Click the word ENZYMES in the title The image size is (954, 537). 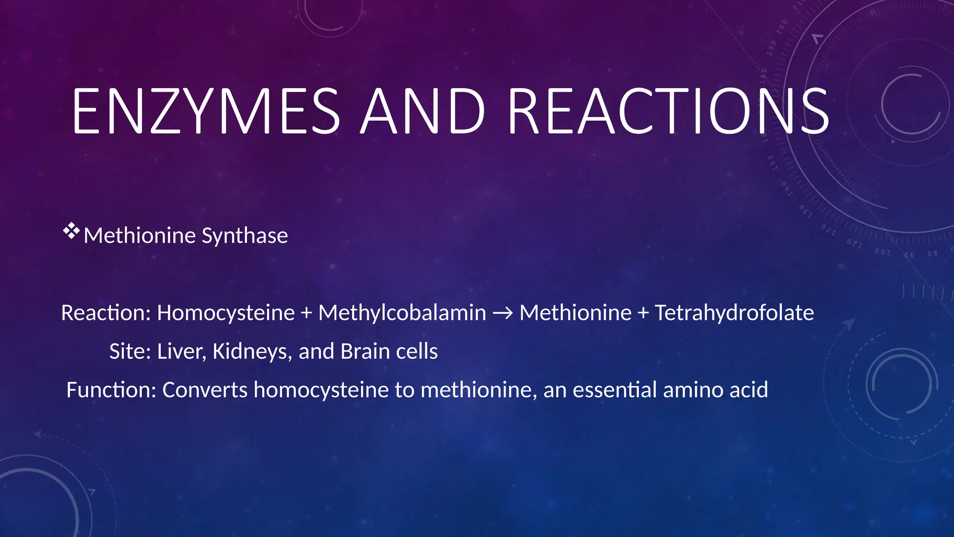(206, 112)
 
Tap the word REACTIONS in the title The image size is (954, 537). (668, 112)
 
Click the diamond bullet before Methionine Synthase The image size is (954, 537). (71, 231)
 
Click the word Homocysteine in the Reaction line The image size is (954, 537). (225, 313)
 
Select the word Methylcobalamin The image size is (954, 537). (402, 313)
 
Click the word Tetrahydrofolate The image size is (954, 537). (734, 313)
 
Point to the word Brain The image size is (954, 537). (365, 351)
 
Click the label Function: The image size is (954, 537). (111, 390)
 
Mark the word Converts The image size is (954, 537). (204, 390)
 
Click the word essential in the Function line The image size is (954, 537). (614, 390)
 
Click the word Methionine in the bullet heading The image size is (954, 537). (139, 236)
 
